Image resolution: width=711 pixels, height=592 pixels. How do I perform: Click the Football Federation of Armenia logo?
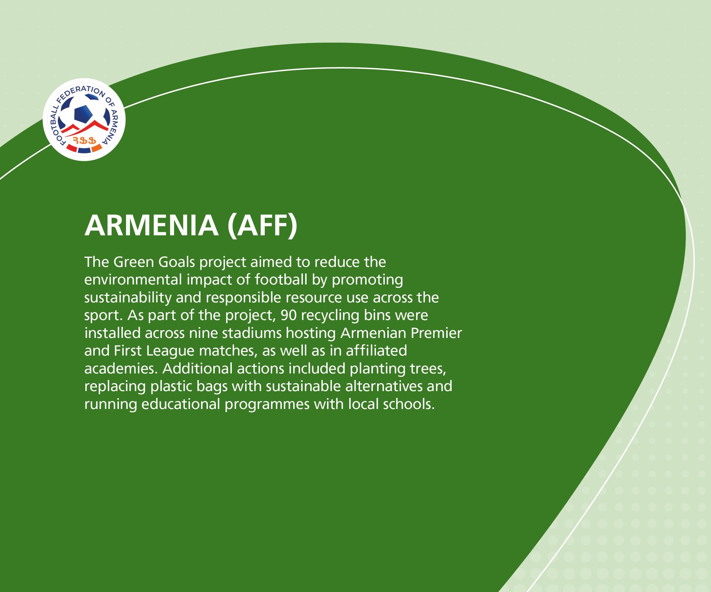coord(84,120)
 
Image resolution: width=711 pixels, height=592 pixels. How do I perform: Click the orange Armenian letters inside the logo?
coord(84,140)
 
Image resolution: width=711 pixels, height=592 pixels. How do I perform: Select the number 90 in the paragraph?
coord(288,315)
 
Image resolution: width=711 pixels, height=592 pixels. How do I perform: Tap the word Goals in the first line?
coord(176,262)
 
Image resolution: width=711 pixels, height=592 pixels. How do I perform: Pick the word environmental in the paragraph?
coord(133,280)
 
